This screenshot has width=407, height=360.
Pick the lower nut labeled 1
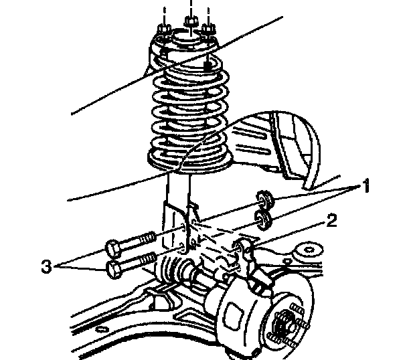tap(263, 218)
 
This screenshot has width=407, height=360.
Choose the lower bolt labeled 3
tap(131, 266)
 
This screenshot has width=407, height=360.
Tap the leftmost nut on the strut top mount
tap(163, 31)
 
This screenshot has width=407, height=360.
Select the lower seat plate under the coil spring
tap(187, 161)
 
